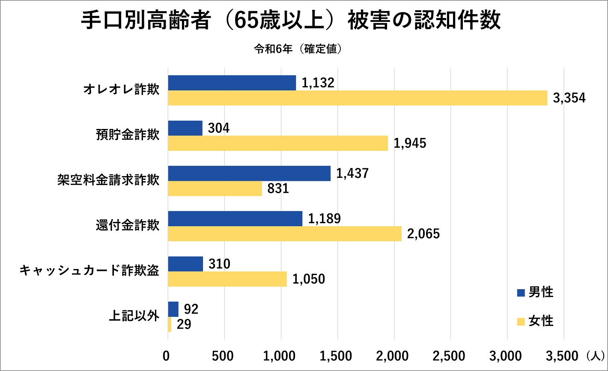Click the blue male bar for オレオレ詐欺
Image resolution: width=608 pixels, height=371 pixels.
pyautogui.click(x=232, y=83)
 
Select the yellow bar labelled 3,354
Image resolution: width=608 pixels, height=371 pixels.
pyautogui.click(x=358, y=98)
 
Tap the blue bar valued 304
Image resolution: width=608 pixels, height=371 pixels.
pyautogui.click(x=185, y=128)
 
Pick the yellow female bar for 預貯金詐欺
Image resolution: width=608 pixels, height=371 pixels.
pyautogui.click(x=278, y=143)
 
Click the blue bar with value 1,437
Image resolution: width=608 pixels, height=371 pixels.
pyautogui.click(x=249, y=174)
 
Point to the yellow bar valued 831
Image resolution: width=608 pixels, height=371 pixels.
pyautogui.click(x=215, y=188)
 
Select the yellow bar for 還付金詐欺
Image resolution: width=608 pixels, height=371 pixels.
pyautogui.click(x=285, y=234)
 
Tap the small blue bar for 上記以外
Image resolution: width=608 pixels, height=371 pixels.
pyautogui.click(x=173, y=309)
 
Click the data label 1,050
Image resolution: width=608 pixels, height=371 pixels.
pyautogui.click(x=309, y=279)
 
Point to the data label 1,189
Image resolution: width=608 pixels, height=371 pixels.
pyautogui.click(x=324, y=219)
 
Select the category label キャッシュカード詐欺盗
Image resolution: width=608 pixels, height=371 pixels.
pyautogui.click(x=89, y=272)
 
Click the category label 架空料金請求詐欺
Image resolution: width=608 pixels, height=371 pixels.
pyautogui.click(x=108, y=180)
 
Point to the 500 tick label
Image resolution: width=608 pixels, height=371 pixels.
pyautogui.click(x=224, y=356)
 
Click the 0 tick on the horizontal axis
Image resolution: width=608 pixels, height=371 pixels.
pyautogui.click(x=167, y=356)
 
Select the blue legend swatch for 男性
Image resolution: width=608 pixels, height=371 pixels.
pyautogui.click(x=521, y=293)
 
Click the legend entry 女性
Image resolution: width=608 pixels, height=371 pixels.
pyautogui.click(x=541, y=321)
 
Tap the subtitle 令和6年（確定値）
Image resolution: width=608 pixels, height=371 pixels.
pyautogui.click(x=298, y=49)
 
